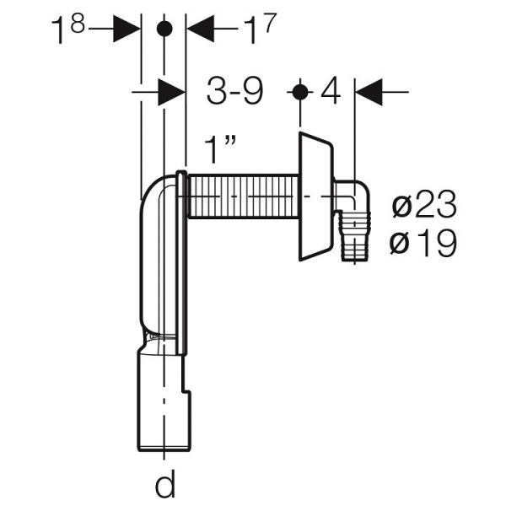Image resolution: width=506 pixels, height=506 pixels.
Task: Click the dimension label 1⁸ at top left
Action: tap(68, 28)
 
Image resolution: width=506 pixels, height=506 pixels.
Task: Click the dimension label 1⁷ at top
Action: tap(260, 28)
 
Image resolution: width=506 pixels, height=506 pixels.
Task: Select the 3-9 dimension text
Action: tap(235, 91)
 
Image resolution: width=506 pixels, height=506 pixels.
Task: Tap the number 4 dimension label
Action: tap(331, 90)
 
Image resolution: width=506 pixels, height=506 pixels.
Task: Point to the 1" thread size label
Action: tap(220, 149)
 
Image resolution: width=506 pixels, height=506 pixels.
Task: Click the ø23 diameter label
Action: tap(424, 204)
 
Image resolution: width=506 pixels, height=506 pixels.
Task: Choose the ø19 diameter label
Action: tap(423, 243)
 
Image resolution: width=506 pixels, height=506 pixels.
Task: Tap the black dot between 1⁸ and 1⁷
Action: tap(164, 29)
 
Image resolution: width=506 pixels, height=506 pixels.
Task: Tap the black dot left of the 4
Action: tap(300, 92)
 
